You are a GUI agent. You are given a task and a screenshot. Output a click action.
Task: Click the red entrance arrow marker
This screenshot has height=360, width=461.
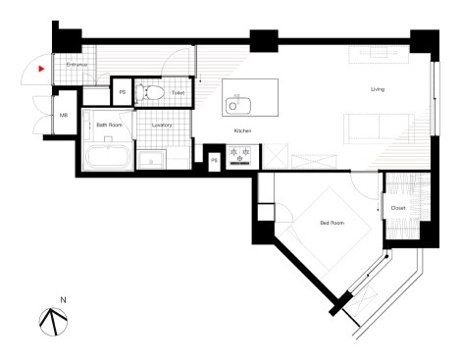(40, 70)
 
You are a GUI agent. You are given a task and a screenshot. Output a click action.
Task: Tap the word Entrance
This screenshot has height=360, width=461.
(76, 65)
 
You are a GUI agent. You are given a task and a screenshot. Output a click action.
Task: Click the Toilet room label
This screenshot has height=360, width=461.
(178, 93)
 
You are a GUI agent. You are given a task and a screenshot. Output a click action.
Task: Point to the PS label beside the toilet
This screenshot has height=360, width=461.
(123, 92)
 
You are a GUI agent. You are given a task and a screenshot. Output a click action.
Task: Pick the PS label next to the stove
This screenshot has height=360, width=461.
(214, 159)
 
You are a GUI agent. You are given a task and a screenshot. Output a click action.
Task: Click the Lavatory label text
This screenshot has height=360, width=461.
(162, 126)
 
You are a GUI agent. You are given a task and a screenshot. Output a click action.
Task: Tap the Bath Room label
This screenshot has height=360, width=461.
(108, 126)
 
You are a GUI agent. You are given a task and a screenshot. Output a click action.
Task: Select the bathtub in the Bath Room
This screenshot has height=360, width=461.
(106, 157)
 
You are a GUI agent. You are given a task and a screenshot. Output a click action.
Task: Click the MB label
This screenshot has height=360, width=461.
(63, 116)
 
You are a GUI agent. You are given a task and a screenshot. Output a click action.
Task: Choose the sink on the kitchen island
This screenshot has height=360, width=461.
(236, 104)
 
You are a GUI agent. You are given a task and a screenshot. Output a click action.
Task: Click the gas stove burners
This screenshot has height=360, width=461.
(241, 154)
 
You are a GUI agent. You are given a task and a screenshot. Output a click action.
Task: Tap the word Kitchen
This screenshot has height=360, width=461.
(243, 130)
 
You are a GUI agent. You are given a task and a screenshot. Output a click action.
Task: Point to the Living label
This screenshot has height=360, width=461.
(378, 90)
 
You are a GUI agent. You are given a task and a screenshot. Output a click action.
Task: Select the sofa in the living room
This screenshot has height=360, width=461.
(377, 128)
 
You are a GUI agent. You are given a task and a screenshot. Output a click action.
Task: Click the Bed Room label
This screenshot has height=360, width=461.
(332, 223)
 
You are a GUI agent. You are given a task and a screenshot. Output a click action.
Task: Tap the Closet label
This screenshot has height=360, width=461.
(397, 208)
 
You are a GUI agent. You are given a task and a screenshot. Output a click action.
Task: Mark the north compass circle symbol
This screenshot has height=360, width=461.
(52, 319)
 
